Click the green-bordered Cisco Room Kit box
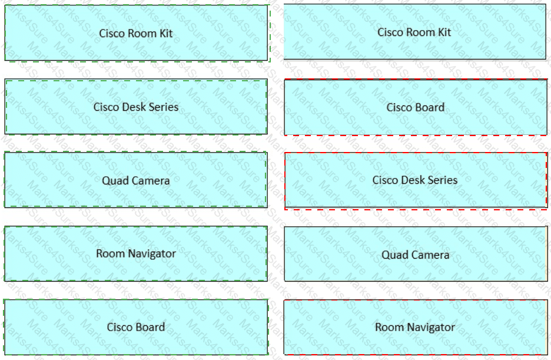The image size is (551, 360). (x=136, y=33)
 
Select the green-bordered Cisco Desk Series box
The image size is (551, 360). (x=136, y=107)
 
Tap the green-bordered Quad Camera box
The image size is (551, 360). (x=135, y=180)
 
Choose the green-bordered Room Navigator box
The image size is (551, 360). (x=136, y=253)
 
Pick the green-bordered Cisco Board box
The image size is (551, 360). (x=136, y=327)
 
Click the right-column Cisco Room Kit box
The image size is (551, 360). (x=415, y=32)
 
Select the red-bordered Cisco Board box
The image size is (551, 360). (x=415, y=107)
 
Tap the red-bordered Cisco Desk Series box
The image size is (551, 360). (x=415, y=180)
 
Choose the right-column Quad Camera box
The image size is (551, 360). (x=415, y=255)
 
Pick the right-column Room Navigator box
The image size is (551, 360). (x=415, y=327)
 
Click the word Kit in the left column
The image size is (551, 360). (x=166, y=33)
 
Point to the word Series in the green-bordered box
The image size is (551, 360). (x=163, y=107)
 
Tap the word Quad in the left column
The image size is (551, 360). (x=115, y=181)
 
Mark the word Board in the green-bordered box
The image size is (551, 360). (x=151, y=327)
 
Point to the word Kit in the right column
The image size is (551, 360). (x=444, y=32)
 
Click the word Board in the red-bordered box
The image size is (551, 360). (x=430, y=107)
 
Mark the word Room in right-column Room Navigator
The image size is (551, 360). (x=389, y=327)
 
